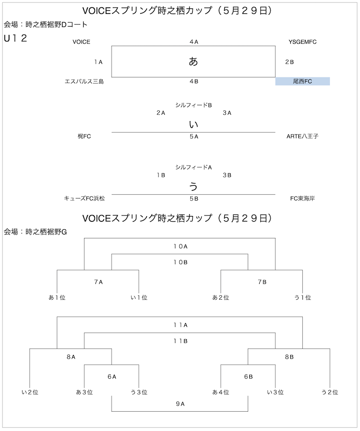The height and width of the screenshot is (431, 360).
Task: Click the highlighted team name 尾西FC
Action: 302,81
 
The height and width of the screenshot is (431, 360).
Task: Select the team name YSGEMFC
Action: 302,42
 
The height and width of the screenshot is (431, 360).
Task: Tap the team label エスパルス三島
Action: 84,81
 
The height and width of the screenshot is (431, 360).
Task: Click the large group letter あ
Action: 193,61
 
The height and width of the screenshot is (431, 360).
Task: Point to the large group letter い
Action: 193,125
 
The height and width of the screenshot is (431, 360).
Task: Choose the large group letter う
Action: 193,187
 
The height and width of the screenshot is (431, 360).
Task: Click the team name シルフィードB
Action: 193,105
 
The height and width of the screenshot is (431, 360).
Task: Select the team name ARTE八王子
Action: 302,136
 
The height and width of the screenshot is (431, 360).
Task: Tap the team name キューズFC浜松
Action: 84,198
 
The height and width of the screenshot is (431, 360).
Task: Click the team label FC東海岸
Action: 302,198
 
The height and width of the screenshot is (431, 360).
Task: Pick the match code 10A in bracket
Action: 180,246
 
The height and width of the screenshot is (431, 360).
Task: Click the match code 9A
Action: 180,404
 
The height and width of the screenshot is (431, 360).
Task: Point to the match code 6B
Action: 248,377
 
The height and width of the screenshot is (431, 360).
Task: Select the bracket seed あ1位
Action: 57,297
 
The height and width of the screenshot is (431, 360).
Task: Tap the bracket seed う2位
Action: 330,392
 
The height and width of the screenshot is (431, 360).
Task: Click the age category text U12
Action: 15,38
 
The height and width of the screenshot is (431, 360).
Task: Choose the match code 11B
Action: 180,341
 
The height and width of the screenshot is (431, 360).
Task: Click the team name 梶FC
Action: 84,136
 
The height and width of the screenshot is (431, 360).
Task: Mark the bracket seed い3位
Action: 275,392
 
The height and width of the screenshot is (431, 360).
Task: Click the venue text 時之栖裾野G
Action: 46,232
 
